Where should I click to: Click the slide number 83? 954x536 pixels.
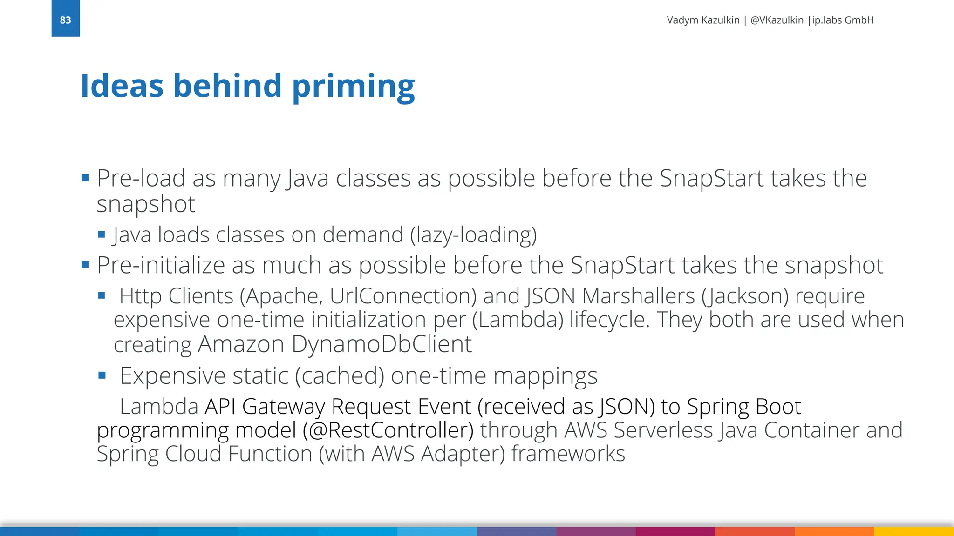click(65, 20)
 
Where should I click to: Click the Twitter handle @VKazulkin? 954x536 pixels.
click(777, 20)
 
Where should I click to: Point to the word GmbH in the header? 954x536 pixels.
click(859, 20)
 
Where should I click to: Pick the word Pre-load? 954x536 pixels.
click(141, 178)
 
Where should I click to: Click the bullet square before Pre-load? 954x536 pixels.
click(85, 178)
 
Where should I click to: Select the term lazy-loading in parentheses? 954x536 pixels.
click(473, 235)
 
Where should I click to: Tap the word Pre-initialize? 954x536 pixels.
click(161, 266)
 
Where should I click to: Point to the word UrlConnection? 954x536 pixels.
click(403, 296)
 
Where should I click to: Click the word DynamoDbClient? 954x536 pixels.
click(382, 344)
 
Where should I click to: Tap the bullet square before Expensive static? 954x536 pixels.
click(102, 375)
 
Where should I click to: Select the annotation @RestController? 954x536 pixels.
click(388, 430)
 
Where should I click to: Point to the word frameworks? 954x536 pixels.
click(568, 454)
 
